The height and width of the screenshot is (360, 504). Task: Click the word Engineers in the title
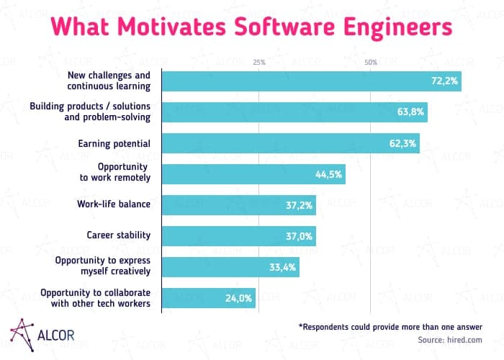(390, 27)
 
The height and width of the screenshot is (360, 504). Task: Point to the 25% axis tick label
(259, 63)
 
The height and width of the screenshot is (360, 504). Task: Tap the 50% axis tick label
(371, 63)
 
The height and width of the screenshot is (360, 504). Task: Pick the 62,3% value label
(403, 143)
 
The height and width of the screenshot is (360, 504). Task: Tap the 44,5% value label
(329, 174)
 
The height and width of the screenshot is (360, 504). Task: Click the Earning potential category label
(114, 143)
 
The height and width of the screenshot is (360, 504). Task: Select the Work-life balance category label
(114, 204)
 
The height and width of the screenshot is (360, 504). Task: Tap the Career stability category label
(118, 235)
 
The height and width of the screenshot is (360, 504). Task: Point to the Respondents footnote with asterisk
(390, 326)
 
